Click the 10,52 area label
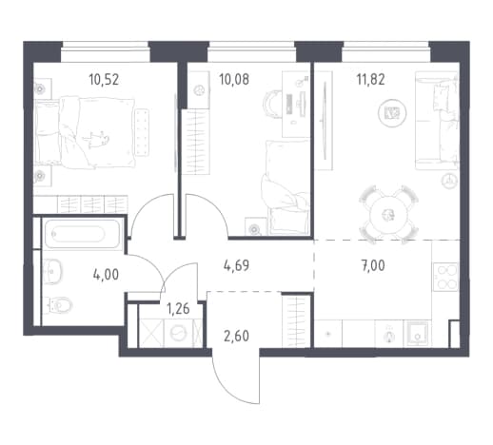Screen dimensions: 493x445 pos(104,80)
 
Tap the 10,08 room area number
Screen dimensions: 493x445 pos(234,80)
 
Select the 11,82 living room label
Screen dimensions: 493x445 pos(371,80)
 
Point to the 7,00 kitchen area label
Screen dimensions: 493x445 pos(373,265)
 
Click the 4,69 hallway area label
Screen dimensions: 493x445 pos(236,265)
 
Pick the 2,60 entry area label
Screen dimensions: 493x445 pos(236,337)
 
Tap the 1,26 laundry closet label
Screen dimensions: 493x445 pos(178,308)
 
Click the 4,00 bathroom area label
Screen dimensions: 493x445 pos(106,275)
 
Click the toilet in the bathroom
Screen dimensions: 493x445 pos(58,305)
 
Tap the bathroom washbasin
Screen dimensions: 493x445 pos(52,272)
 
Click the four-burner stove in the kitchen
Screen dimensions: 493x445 pos(445,277)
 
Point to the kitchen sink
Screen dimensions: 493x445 pos(418,334)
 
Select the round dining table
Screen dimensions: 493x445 pos(388,215)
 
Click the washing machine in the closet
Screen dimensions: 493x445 pos(178,333)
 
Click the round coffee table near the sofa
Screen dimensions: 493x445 pos(392,113)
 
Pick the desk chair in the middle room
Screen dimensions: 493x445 pos(272,103)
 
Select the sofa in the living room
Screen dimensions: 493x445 pos(437,120)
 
